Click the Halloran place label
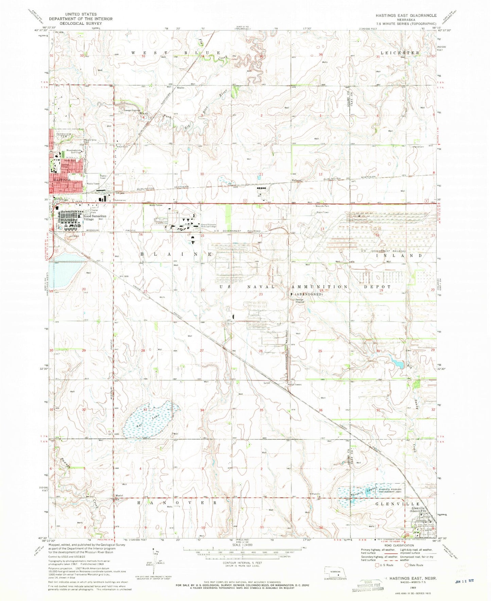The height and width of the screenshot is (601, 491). click(297, 180)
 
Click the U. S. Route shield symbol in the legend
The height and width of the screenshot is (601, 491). click(377, 565)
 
